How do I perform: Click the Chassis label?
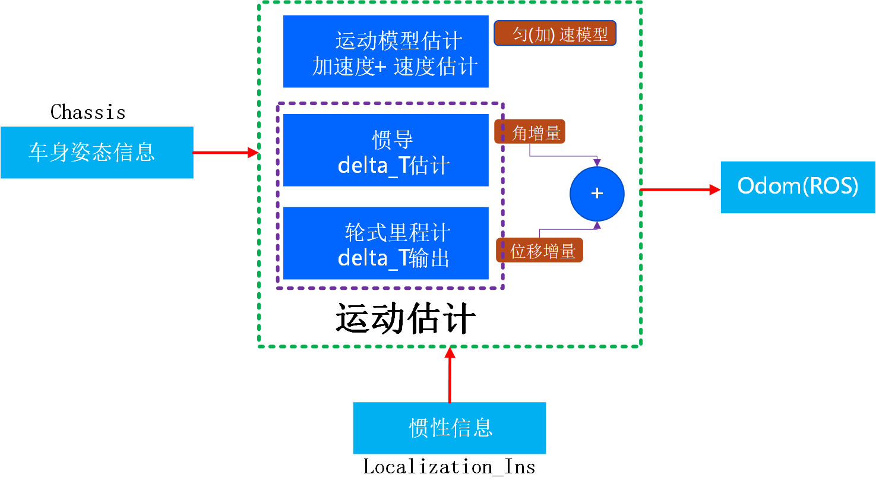tap(88, 112)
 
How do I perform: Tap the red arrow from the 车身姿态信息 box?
tap(225, 153)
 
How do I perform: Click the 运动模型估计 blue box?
tap(385, 52)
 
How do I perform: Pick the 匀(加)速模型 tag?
tap(555, 34)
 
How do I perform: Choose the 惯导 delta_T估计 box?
tap(385, 150)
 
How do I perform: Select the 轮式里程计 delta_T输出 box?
tap(385, 243)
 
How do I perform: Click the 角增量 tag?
tap(530, 132)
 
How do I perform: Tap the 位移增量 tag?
tap(540, 251)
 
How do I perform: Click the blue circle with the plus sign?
tap(597, 194)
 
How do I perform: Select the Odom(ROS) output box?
tap(798, 186)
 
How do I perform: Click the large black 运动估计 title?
tap(405, 319)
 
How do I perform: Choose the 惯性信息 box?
tap(450, 428)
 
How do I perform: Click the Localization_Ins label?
tap(449, 467)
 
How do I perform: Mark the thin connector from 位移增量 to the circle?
tap(567, 229)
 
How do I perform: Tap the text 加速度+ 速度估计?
tap(395, 67)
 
